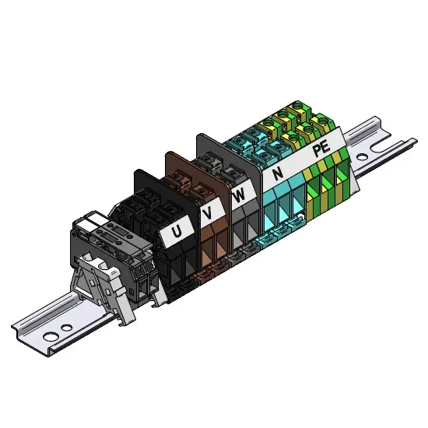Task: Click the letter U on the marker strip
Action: click(177, 232)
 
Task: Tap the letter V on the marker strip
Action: click(208, 212)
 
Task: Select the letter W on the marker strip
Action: click(240, 195)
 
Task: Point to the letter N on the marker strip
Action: click(278, 174)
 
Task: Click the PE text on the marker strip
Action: click(321, 149)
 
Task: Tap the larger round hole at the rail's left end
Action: click(51, 336)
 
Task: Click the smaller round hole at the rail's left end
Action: click(66, 328)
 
